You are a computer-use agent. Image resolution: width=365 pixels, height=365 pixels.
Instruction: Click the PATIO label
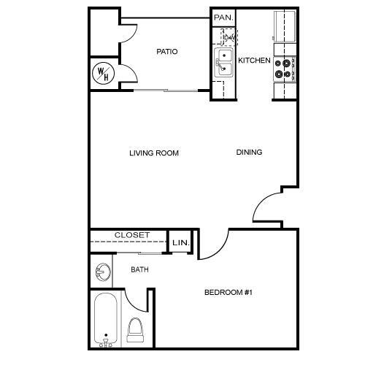pos(167,52)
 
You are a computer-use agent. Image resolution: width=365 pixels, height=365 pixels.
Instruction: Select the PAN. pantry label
pos(223,17)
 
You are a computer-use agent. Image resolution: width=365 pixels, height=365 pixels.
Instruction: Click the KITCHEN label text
pos(255,61)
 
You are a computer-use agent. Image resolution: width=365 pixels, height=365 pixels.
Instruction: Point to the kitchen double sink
pos(223,62)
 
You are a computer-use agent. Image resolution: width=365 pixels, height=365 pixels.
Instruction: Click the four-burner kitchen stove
pos(283,69)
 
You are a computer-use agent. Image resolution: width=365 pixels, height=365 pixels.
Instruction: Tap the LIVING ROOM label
pos(154,153)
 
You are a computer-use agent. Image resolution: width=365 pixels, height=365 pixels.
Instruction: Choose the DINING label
pos(249,153)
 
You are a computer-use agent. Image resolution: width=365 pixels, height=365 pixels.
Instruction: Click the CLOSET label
pos(132,235)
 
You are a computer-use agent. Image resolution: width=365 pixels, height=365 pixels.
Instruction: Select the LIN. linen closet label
pos(180,242)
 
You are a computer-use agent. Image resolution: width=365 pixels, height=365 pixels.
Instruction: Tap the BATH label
pos(139,270)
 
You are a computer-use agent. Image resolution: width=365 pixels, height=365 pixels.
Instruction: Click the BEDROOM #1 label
pos(228,293)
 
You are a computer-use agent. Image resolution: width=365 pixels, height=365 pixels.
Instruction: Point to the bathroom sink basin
pos(102,273)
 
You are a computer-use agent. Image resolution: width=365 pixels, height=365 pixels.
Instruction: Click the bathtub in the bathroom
pos(107,319)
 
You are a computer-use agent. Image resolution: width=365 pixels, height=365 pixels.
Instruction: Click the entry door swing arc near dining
pos(267,206)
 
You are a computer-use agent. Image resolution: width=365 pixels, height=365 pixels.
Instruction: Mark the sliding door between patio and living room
pos(166,91)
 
